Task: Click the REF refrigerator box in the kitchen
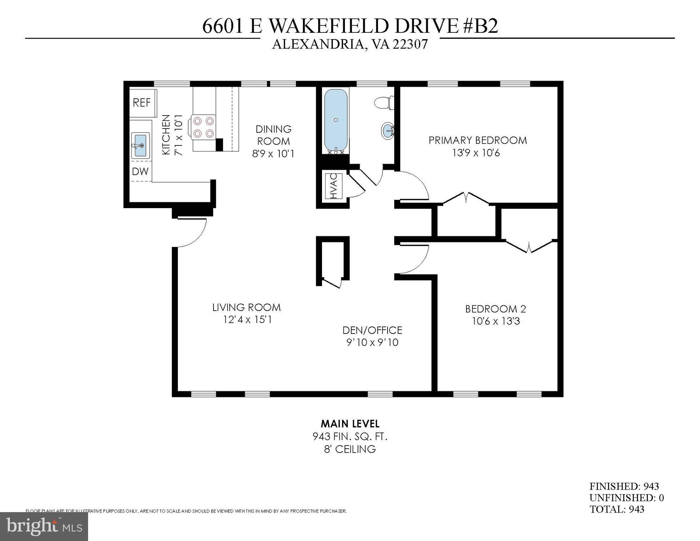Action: [x=142, y=103]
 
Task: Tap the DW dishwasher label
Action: [x=140, y=172]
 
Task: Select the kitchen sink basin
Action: [x=141, y=145]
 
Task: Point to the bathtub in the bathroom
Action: [x=336, y=120]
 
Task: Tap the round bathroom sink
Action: [x=388, y=131]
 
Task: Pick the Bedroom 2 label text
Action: [x=495, y=309]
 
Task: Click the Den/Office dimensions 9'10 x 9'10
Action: [x=372, y=342]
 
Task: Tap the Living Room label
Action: [x=246, y=307]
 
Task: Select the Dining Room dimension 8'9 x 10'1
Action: [x=273, y=154]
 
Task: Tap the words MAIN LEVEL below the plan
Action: [x=350, y=424]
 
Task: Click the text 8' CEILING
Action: [x=350, y=449]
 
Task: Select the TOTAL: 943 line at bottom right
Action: [x=617, y=509]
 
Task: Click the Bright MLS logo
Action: [x=44, y=527]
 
